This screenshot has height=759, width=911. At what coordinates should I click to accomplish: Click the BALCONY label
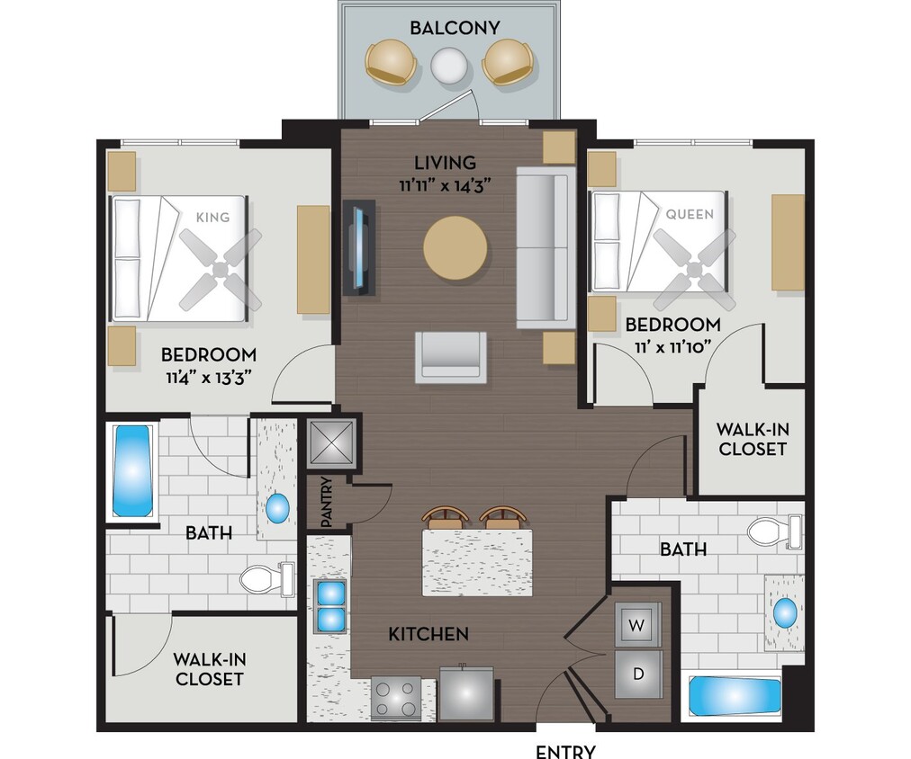[x=455, y=28]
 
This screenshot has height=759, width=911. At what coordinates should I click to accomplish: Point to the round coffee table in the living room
[x=455, y=246]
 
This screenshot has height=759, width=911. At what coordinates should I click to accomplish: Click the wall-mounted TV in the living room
[x=359, y=247]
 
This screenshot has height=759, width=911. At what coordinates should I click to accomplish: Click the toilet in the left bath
[x=265, y=578]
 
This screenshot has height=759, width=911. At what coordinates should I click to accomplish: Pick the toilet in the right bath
[x=773, y=531]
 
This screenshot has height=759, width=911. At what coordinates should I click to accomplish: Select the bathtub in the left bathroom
[x=131, y=470]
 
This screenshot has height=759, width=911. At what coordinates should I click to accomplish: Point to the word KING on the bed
[x=212, y=217]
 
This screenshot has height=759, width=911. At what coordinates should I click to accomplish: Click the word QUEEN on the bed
[x=690, y=214]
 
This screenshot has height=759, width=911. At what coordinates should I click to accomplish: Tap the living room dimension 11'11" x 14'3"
[x=445, y=186]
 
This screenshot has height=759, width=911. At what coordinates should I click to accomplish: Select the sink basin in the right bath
[x=785, y=614]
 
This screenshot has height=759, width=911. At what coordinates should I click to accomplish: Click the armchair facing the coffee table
[x=450, y=356]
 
